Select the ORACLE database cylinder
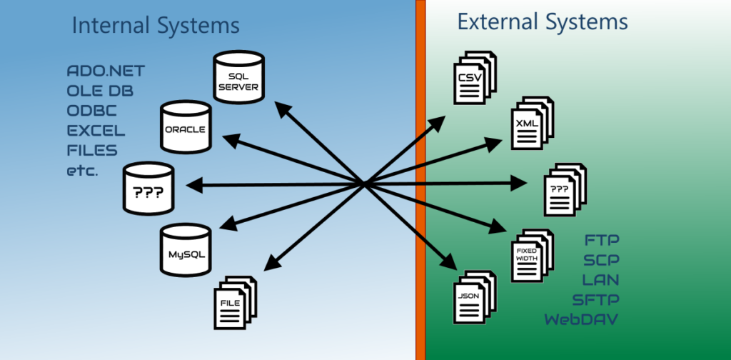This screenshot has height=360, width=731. coord(186,127)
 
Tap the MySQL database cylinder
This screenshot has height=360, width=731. coord(186,250)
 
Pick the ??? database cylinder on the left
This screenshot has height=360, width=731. coord(148,189)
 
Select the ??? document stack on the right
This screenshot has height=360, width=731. coord(565,189)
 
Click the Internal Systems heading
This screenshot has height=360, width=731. coord(156,26)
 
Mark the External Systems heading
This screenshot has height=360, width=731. coord(543,22)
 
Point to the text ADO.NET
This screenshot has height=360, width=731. coord(106,71)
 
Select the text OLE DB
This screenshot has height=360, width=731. coord(100,91)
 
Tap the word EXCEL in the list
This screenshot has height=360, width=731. coord(96,131)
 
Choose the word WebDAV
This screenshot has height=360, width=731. coord(581,319)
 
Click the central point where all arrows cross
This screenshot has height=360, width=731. coord(365,184)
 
